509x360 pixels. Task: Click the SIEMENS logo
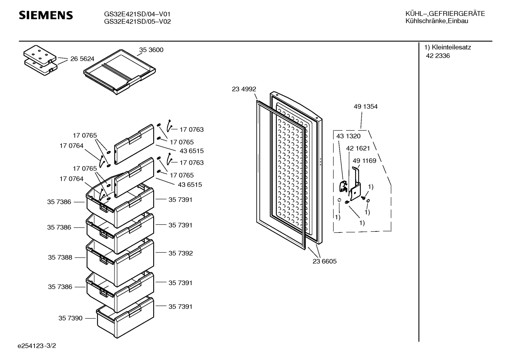(46, 15)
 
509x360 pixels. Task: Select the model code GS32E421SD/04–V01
(137, 14)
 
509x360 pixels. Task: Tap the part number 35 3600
(151, 50)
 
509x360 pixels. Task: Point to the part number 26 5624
(82, 59)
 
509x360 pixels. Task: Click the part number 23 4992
(244, 89)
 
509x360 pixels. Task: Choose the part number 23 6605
(324, 261)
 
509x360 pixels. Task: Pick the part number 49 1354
(366, 106)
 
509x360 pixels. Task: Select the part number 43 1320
(348, 136)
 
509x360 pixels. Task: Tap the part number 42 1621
(358, 148)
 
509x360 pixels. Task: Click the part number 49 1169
(365, 161)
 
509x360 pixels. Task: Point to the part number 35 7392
(181, 253)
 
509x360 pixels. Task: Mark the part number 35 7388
(60, 258)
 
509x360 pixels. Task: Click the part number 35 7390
(71, 318)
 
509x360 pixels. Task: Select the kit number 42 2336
(438, 56)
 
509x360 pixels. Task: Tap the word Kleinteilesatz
(451, 47)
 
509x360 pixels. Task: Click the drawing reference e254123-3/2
(37, 346)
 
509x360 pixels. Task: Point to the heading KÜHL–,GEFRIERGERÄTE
(445, 14)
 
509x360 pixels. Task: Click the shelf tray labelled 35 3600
(120, 72)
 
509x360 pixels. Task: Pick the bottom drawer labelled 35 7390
(125, 318)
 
